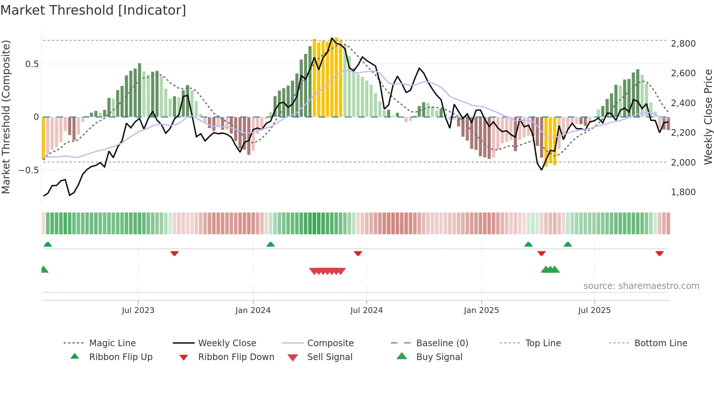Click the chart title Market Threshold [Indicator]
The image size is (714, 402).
click(93, 10)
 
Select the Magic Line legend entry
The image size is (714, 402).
click(112, 343)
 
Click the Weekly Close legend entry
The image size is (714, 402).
click(227, 343)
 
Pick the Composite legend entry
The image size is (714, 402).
click(330, 343)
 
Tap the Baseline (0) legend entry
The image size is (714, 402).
click(442, 343)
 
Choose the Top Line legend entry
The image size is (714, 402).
click(543, 343)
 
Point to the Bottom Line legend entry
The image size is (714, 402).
click(660, 343)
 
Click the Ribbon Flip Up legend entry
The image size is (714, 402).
click(121, 357)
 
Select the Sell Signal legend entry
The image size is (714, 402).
click(330, 357)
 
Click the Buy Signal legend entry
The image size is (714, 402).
click(439, 357)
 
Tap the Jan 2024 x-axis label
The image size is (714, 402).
click(253, 310)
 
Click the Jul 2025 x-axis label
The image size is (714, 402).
click(594, 310)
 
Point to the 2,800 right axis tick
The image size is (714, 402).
click(683, 44)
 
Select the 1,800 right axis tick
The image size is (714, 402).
click(683, 192)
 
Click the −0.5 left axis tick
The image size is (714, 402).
click(28, 170)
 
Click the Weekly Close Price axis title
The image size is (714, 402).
click(708, 117)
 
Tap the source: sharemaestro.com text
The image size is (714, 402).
click(641, 286)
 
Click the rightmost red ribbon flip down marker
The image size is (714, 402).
click(659, 253)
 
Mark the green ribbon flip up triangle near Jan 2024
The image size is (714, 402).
click(270, 244)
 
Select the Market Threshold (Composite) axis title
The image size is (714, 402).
click(6, 117)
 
